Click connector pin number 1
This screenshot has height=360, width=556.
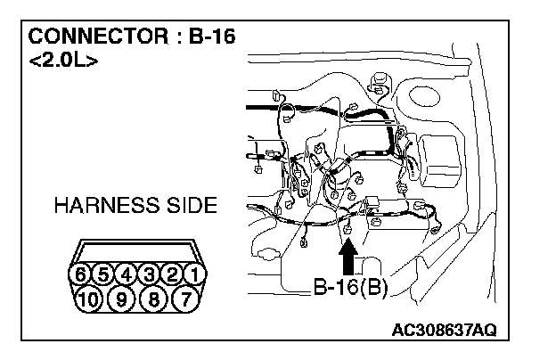(x=195, y=274)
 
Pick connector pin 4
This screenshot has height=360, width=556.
(x=127, y=274)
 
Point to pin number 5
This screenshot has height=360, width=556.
(x=105, y=274)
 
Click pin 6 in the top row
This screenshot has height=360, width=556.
(x=83, y=274)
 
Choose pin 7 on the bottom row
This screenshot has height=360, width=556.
(x=184, y=298)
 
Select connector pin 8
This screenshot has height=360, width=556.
(x=151, y=298)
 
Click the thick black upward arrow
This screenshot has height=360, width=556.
(x=349, y=262)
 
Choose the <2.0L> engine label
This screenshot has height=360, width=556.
(x=63, y=61)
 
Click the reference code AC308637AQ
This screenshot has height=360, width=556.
(x=444, y=331)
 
